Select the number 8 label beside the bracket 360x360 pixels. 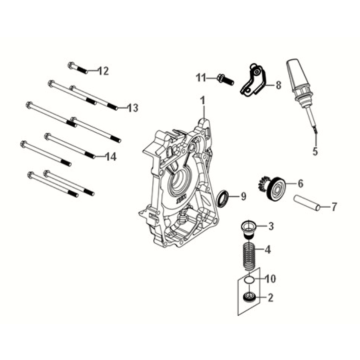(x=277, y=87)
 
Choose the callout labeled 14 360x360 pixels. (x=111, y=157)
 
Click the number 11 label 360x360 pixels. (x=200, y=76)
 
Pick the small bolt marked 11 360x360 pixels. (x=222, y=77)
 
